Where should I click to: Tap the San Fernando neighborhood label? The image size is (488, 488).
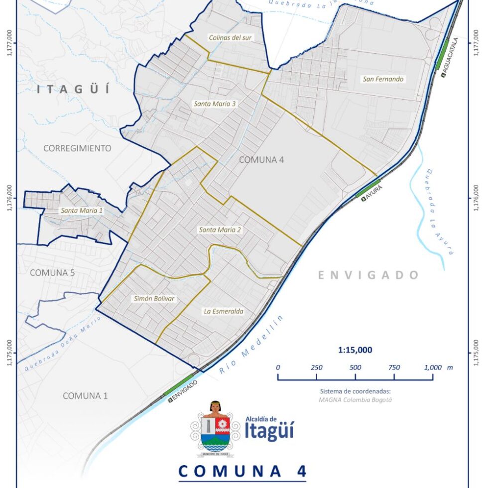(x=383, y=79)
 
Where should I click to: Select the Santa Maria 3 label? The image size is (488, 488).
(x=215, y=104)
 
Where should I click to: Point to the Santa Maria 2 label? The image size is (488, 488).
(x=220, y=230)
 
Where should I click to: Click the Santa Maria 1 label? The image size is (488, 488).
(x=82, y=211)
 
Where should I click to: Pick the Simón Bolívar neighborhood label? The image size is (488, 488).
(x=155, y=298)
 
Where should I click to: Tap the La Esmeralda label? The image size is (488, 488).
(x=224, y=311)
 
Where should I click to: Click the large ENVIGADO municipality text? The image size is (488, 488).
(x=368, y=275)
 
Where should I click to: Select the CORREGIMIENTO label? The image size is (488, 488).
(x=77, y=148)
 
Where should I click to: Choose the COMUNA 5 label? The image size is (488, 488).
(x=48, y=272)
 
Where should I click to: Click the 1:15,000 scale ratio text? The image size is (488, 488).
(x=355, y=350)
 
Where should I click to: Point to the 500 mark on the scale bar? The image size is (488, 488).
(x=355, y=367)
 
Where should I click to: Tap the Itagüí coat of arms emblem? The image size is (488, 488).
(x=215, y=429)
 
